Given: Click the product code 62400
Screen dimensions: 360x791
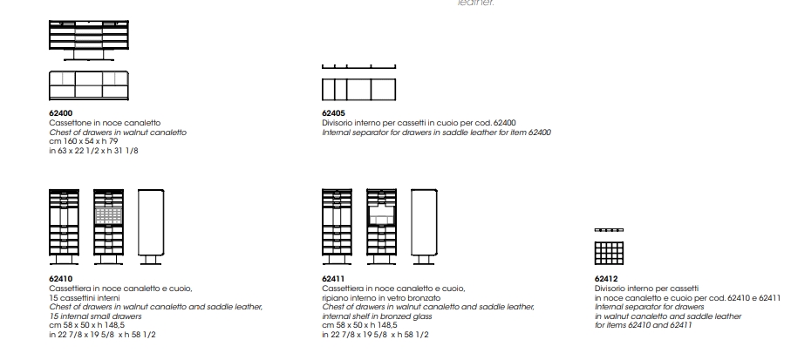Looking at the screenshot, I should point(62,113).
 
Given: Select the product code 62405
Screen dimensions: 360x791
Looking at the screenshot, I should point(334,113).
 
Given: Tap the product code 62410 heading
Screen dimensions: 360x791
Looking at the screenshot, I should point(61,279).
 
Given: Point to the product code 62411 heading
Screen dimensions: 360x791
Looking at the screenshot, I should point(334,279).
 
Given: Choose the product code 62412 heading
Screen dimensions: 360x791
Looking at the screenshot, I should point(606,279).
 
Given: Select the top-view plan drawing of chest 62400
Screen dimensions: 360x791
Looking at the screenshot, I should point(88,85).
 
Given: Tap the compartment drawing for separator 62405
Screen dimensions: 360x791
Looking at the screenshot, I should point(359,89).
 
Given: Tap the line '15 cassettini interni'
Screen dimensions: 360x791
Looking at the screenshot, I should point(85,297).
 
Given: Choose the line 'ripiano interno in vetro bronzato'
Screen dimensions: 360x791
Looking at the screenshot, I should point(382,297).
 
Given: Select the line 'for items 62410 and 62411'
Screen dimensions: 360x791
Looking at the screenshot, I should point(644,325).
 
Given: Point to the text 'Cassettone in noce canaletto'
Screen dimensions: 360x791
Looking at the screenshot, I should point(105,123).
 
